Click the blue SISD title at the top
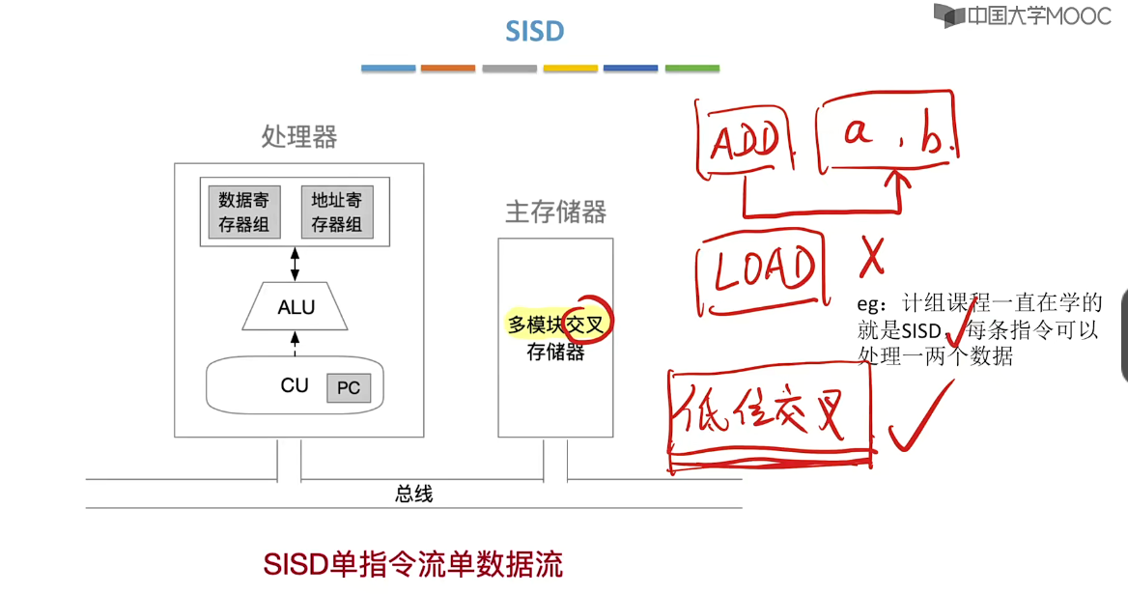(534, 31)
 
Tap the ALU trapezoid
(296, 307)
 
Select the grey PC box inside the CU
(349, 388)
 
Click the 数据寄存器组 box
(243, 212)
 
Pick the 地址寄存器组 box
(336, 212)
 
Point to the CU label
(295, 385)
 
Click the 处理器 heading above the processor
(299, 137)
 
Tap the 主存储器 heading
(555, 212)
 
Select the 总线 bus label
(414, 494)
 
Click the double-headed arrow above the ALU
(296, 263)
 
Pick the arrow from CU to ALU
(296, 343)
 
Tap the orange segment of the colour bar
(448, 69)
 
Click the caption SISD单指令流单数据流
(413, 564)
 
